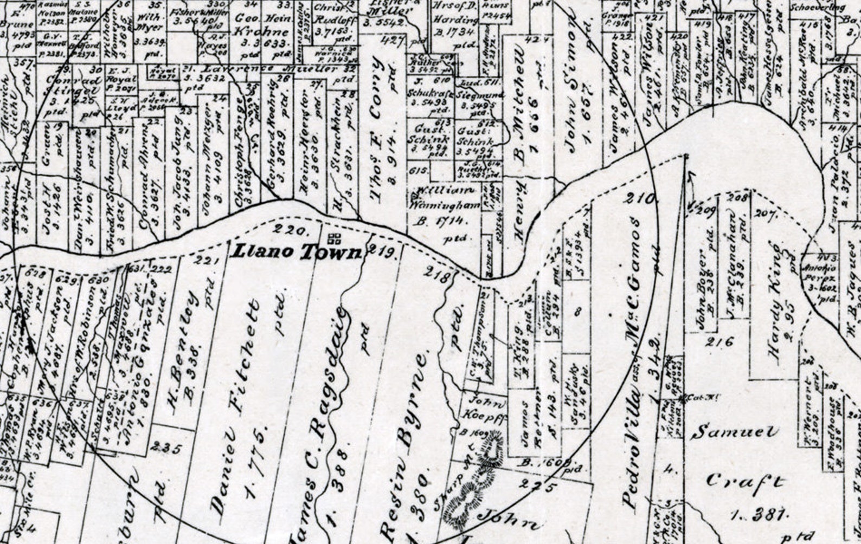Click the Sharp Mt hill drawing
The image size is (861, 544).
pos(477,477)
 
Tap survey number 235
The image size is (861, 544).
pos(168,448)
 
